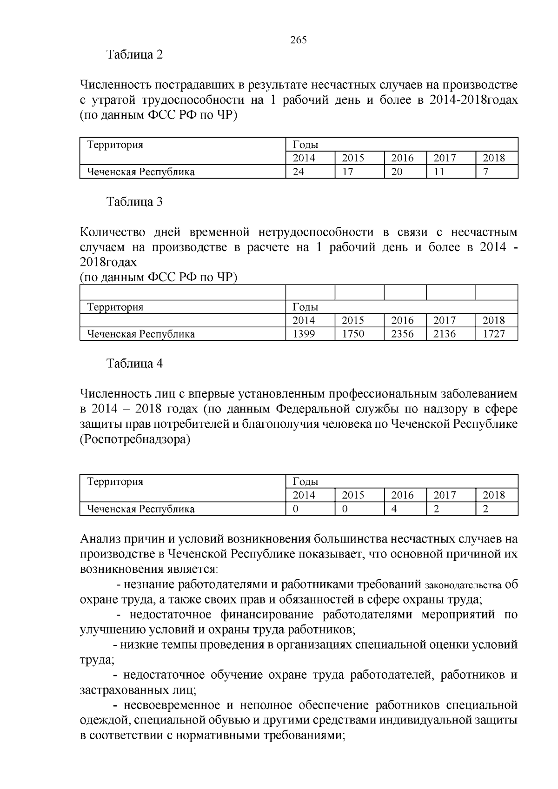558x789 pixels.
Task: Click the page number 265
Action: [298, 40]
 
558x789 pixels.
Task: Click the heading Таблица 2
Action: [135, 55]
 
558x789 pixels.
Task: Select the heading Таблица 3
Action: [135, 202]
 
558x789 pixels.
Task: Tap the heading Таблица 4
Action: [135, 364]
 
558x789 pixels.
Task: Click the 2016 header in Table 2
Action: [402, 158]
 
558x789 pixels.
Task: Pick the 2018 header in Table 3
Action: [494, 320]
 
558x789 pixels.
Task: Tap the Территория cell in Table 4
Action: [115, 482]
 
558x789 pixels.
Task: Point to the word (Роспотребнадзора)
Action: [135, 439]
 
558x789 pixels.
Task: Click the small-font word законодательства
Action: [463, 585]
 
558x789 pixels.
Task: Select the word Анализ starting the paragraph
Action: [102, 539]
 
